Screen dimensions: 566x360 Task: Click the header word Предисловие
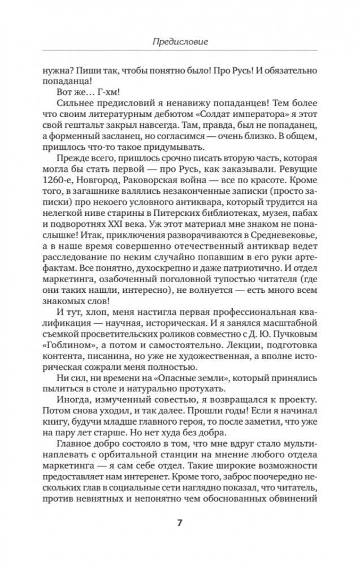(179, 41)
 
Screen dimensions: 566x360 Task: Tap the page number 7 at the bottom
(180, 522)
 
